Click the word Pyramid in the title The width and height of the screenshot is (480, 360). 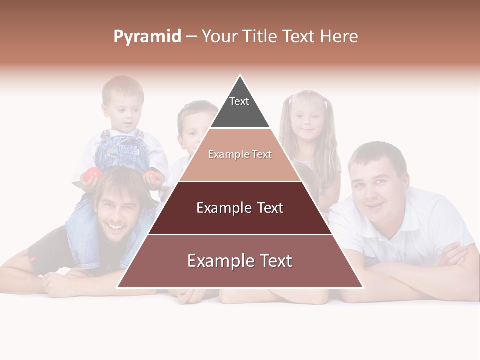(x=147, y=37)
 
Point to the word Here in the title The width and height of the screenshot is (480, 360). (x=339, y=37)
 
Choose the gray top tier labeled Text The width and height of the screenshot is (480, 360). (x=239, y=107)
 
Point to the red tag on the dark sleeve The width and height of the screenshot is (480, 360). (x=33, y=259)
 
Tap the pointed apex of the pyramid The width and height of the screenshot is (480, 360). (x=240, y=76)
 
